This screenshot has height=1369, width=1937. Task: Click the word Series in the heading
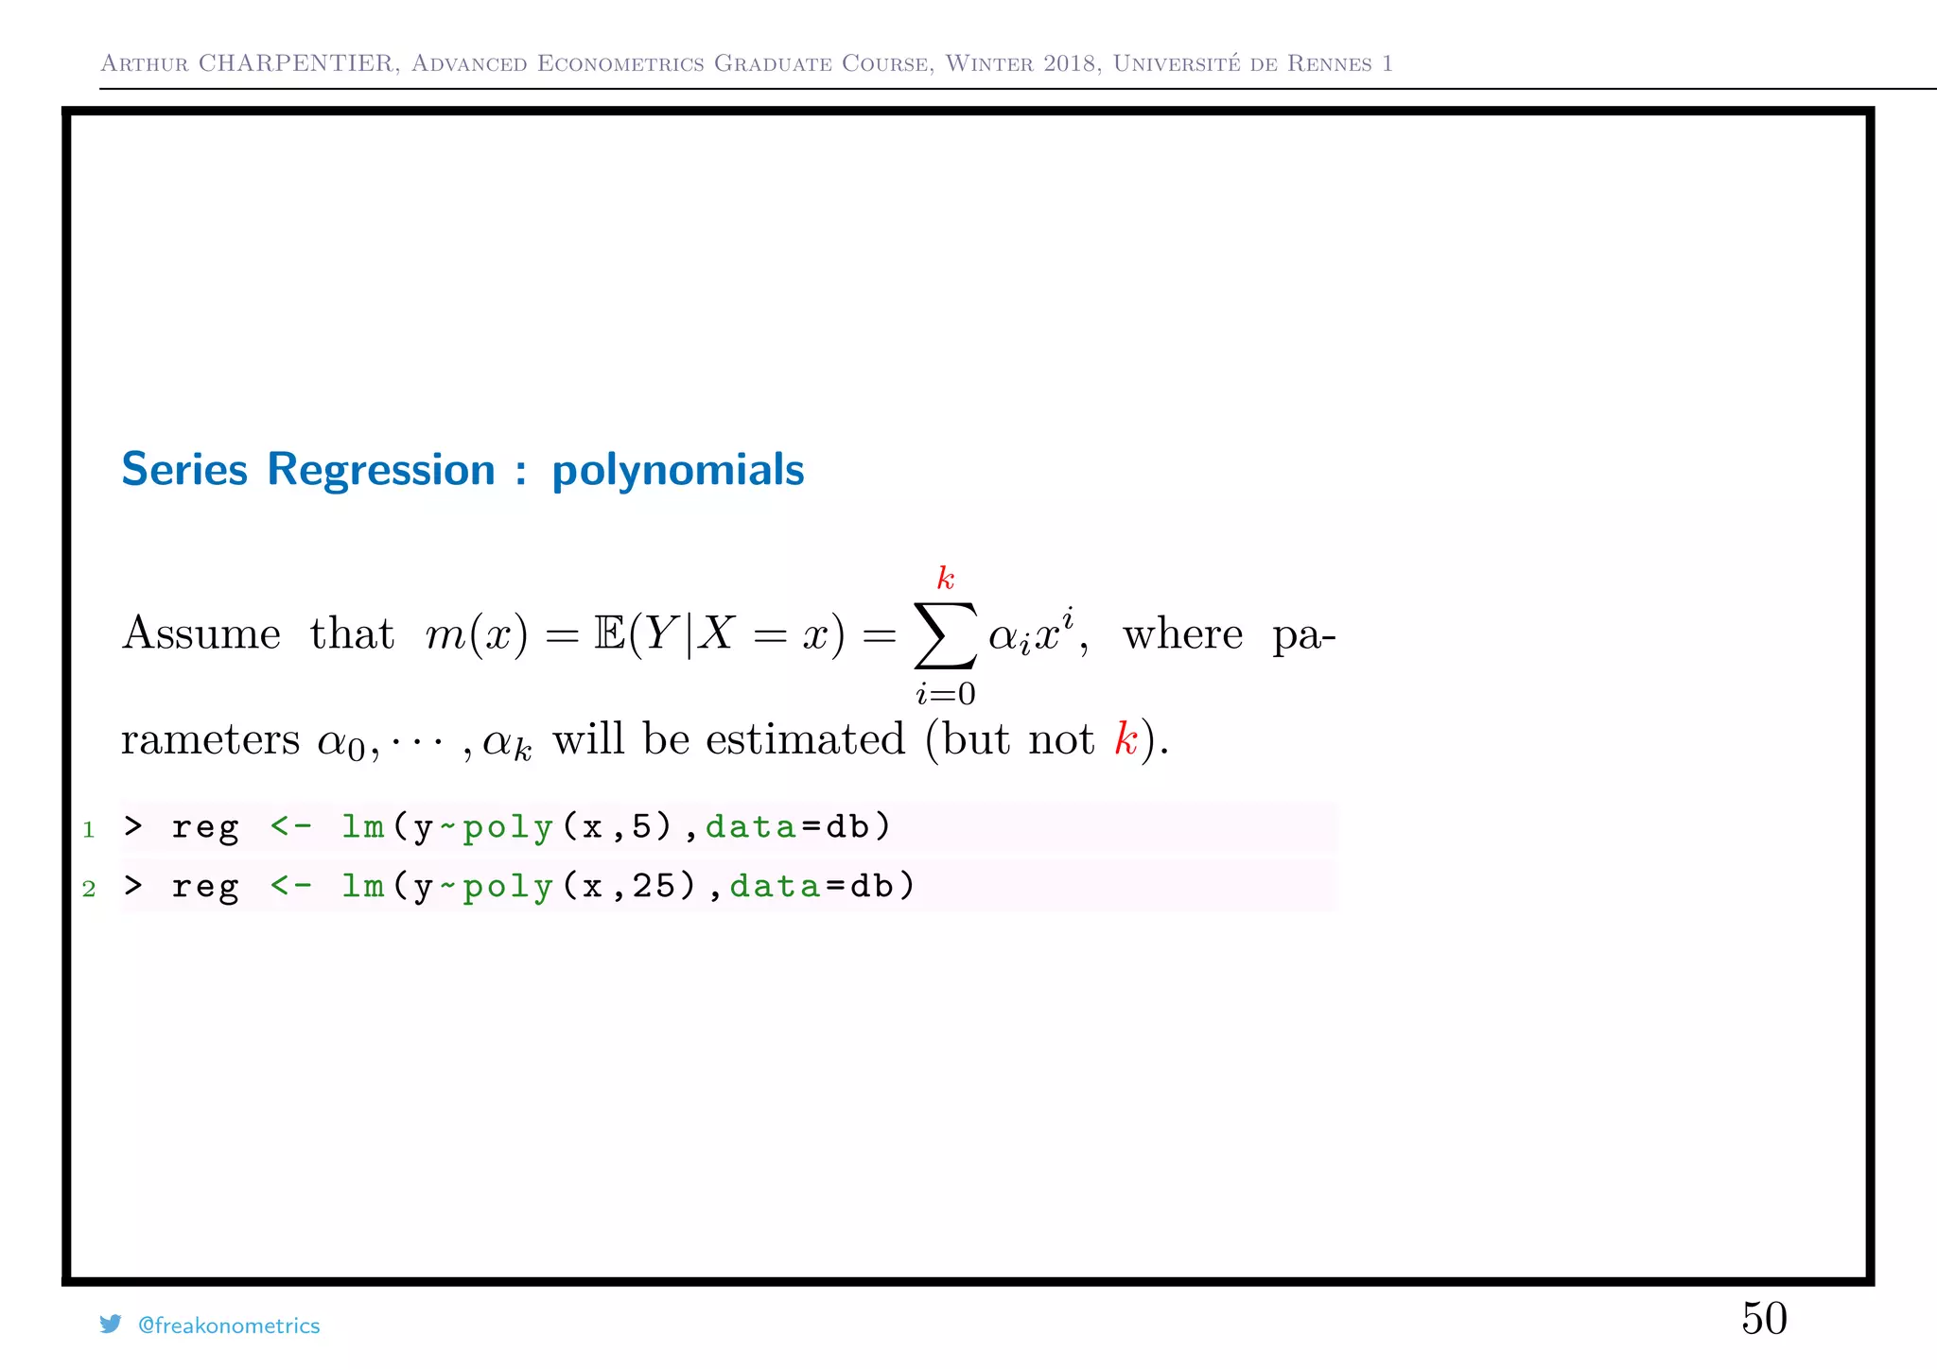[x=184, y=470]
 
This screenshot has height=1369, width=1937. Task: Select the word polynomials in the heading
[x=677, y=471]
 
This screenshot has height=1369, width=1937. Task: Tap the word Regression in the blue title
[x=380, y=470]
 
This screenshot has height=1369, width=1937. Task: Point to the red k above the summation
[x=945, y=578]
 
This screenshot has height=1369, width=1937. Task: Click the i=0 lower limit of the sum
[x=945, y=694]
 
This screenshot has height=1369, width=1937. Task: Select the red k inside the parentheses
[x=1126, y=739]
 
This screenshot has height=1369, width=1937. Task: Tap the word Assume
[x=201, y=633]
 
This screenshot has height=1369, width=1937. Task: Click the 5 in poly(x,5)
[x=642, y=827]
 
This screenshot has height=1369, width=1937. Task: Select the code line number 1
[x=89, y=830]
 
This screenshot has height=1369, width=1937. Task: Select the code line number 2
[x=89, y=889]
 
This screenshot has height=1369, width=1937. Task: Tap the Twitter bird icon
[x=111, y=1324]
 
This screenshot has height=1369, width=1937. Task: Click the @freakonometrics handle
[x=229, y=1326]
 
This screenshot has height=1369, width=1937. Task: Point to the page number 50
[x=1764, y=1318]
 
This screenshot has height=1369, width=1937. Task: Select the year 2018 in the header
[x=1072, y=63]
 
